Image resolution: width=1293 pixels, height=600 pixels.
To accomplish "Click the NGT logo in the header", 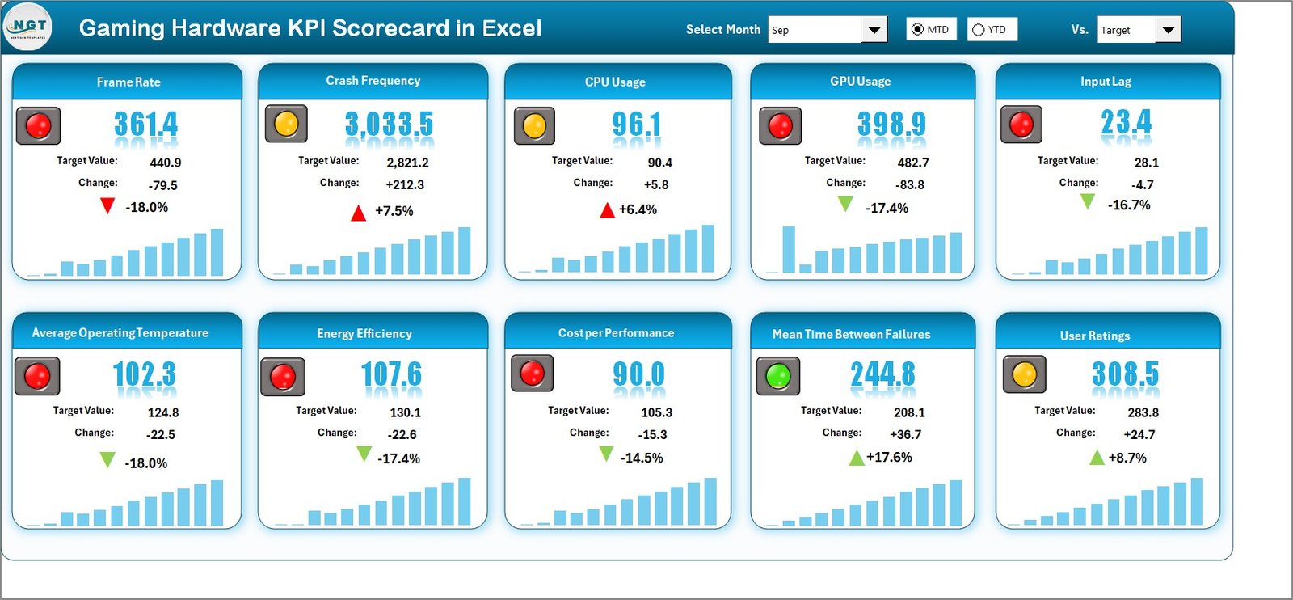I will tap(28, 27).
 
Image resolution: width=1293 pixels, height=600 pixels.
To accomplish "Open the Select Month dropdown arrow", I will tap(874, 30).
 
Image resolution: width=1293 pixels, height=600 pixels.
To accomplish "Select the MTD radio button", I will tap(917, 29).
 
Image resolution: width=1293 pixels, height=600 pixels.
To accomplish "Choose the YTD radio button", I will tap(979, 30).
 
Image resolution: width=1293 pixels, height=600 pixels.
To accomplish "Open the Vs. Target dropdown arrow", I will tap(1168, 30).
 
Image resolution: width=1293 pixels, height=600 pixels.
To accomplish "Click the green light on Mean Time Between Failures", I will tap(777, 376).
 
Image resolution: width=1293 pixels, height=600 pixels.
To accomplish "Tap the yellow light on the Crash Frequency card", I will tap(286, 124).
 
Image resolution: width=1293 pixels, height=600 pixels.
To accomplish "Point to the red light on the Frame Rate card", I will tap(38, 125).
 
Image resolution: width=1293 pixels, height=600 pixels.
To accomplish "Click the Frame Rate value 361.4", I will tap(145, 124).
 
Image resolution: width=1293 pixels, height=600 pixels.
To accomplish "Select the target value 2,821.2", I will tap(407, 163).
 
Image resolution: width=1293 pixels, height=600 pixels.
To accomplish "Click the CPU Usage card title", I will tap(615, 82).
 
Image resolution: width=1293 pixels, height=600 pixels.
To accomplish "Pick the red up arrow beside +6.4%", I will tap(607, 211).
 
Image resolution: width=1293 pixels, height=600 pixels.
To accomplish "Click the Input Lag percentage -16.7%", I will tap(1129, 205).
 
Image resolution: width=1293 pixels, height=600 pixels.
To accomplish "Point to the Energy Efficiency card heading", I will tap(364, 333).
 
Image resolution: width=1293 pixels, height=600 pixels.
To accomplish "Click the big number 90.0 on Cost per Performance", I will tap(638, 374).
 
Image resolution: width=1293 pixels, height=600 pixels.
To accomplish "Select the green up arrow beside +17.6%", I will tap(856, 458).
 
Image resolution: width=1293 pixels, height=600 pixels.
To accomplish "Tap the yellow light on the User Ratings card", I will tap(1024, 374).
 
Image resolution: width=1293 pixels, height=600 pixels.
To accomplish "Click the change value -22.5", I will tap(160, 435).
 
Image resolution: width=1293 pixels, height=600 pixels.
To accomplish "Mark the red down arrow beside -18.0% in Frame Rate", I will tap(107, 206).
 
